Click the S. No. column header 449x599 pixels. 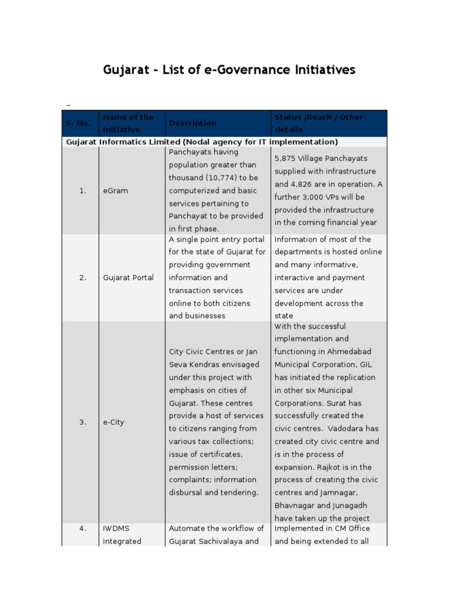pyautogui.click(x=78, y=123)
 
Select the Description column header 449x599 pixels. pyautogui.click(x=192, y=123)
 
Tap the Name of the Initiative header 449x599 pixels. pyautogui.click(x=128, y=123)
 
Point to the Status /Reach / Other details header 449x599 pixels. pyautogui.click(x=319, y=123)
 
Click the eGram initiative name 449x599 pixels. pyautogui.click(x=115, y=191)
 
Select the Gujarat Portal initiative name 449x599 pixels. pyautogui.click(x=128, y=278)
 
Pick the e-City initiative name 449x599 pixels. pyautogui.click(x=113, y=422)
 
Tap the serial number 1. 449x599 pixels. pyautogui.click(x=82, y=191)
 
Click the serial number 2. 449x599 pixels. pyautogui.click(x=82, y=278)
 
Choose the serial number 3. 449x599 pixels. pyautogui.click(x=82, y=422)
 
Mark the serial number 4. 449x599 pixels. pyautogui.click(x=82, y=528)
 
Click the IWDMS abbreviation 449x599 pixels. pyautogui.click(x=115, y=528)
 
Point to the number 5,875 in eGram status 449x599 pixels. pyautogui.click(x=286, y=159)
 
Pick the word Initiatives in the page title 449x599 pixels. pyautogui.click(x=326, y=70)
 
